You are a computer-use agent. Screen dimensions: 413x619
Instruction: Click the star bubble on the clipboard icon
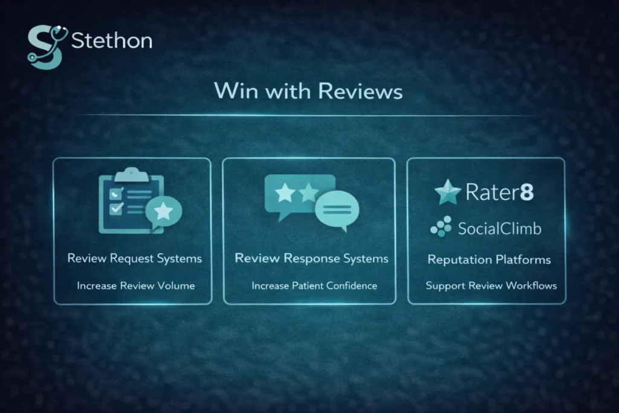(x=164, y=211)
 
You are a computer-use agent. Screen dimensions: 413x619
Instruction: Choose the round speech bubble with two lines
(x=337, y=209)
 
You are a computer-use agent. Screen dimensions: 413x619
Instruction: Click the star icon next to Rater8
(x=448, y=193)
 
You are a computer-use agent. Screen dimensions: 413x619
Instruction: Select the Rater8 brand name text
(x=499, y=193)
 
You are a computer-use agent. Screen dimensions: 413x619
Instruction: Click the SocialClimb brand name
(x=499, y=228)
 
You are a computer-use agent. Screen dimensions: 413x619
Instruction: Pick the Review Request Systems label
(x=135, y=258)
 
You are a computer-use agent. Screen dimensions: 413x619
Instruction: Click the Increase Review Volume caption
(x=135, y=285)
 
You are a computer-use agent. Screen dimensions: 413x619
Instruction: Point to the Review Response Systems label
(x=311, y=258)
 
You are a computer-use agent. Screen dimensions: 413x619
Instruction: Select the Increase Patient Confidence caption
(x=314, y=285)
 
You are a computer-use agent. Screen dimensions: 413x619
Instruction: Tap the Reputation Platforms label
(x=489, y=259)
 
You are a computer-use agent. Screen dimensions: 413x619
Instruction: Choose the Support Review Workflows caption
(x=491, y=285)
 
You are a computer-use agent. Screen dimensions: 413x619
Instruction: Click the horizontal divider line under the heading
(x=308, y=115)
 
